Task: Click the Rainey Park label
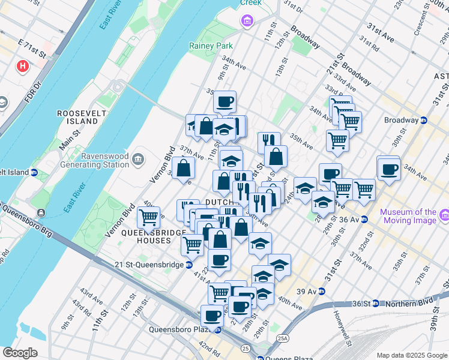click(x=211, y=46)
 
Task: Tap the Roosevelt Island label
click(x=77, y=117)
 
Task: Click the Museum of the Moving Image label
click(x=408, y=216)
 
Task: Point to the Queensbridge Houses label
click(x=146, y=236)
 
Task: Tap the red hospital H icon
click(x=23, y=65)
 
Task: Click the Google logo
click(x=20, y=353)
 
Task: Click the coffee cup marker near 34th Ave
click(x=388, y=168)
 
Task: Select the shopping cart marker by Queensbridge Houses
click(x=148, y=217)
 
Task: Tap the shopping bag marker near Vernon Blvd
click(x=183, y=167)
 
